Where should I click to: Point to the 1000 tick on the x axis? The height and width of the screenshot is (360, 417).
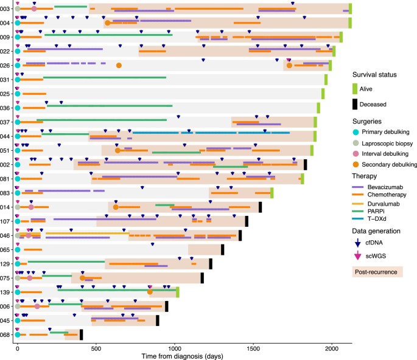pyautogui.click(x=174, y=342)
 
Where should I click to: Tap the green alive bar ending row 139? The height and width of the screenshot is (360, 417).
pyautogui.click(x=178, y=292)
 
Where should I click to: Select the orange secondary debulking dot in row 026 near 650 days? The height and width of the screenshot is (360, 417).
pyautogui.click(x=119, y=66)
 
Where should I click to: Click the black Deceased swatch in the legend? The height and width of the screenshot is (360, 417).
pyautogui.click(x=359, y=104)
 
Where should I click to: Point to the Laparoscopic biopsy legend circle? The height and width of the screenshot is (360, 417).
pyautogui.click(x=359, y=142)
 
